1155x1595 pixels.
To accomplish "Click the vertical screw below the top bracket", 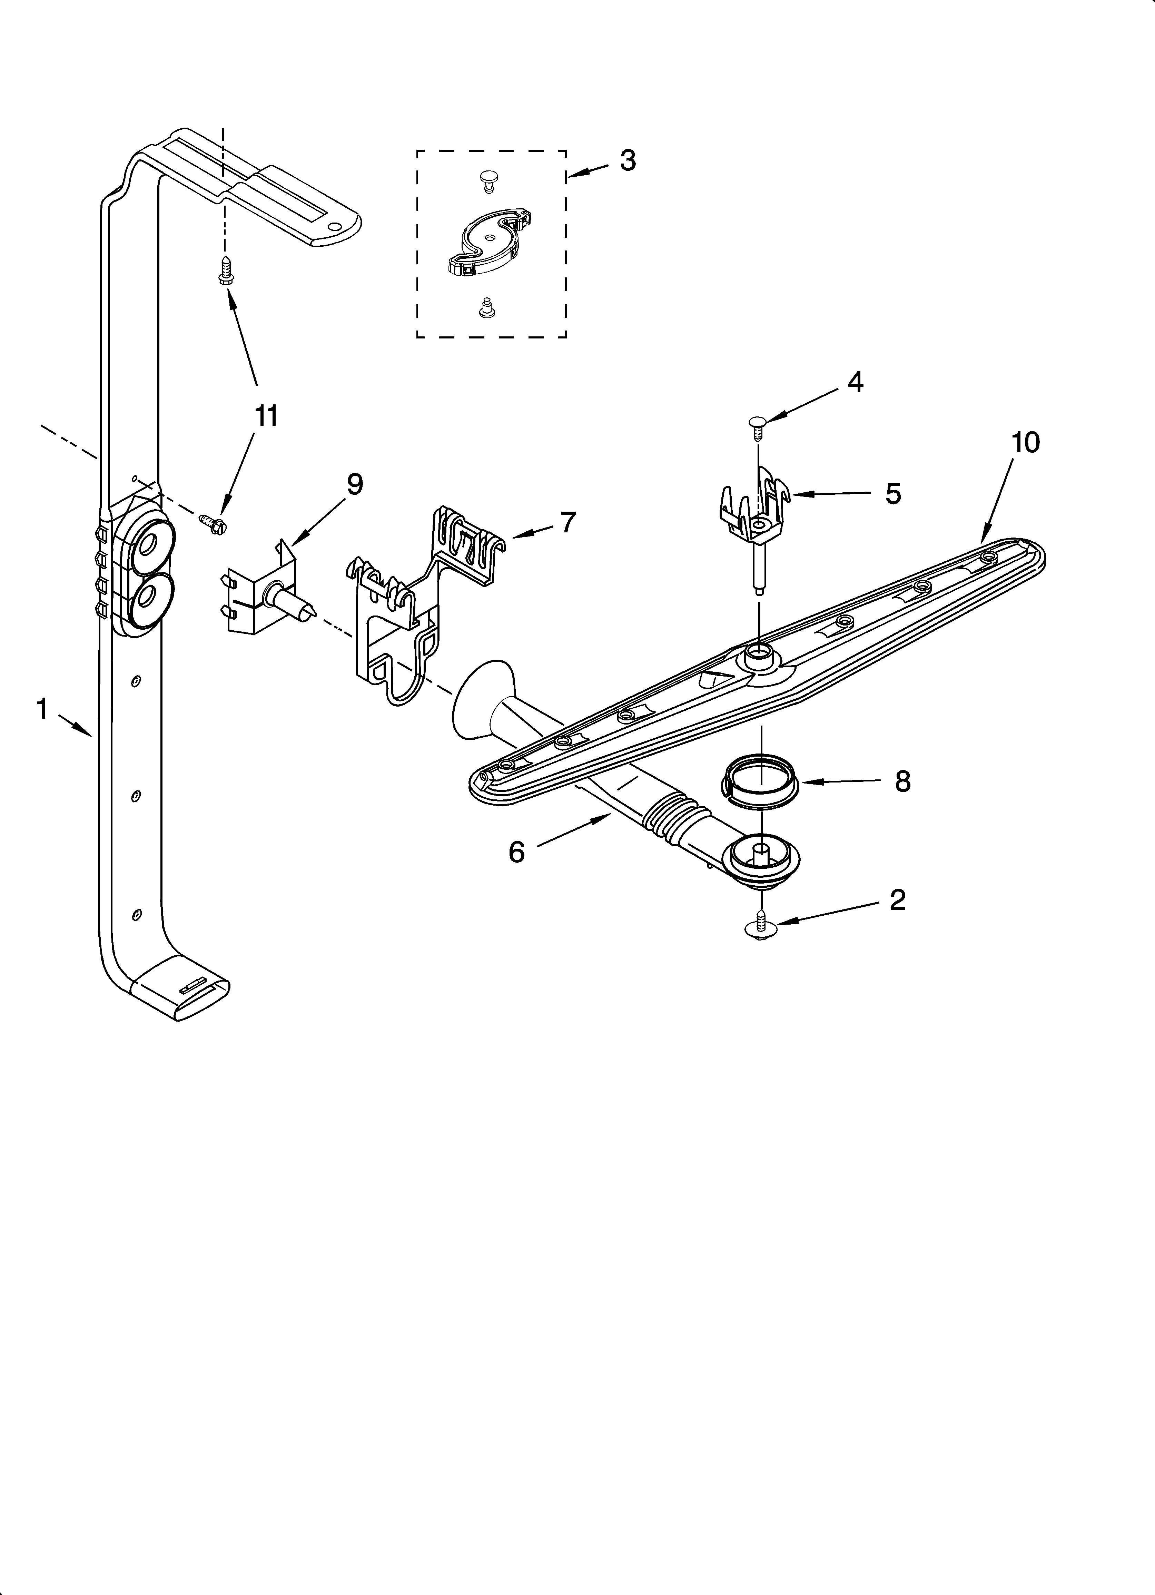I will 225,270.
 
